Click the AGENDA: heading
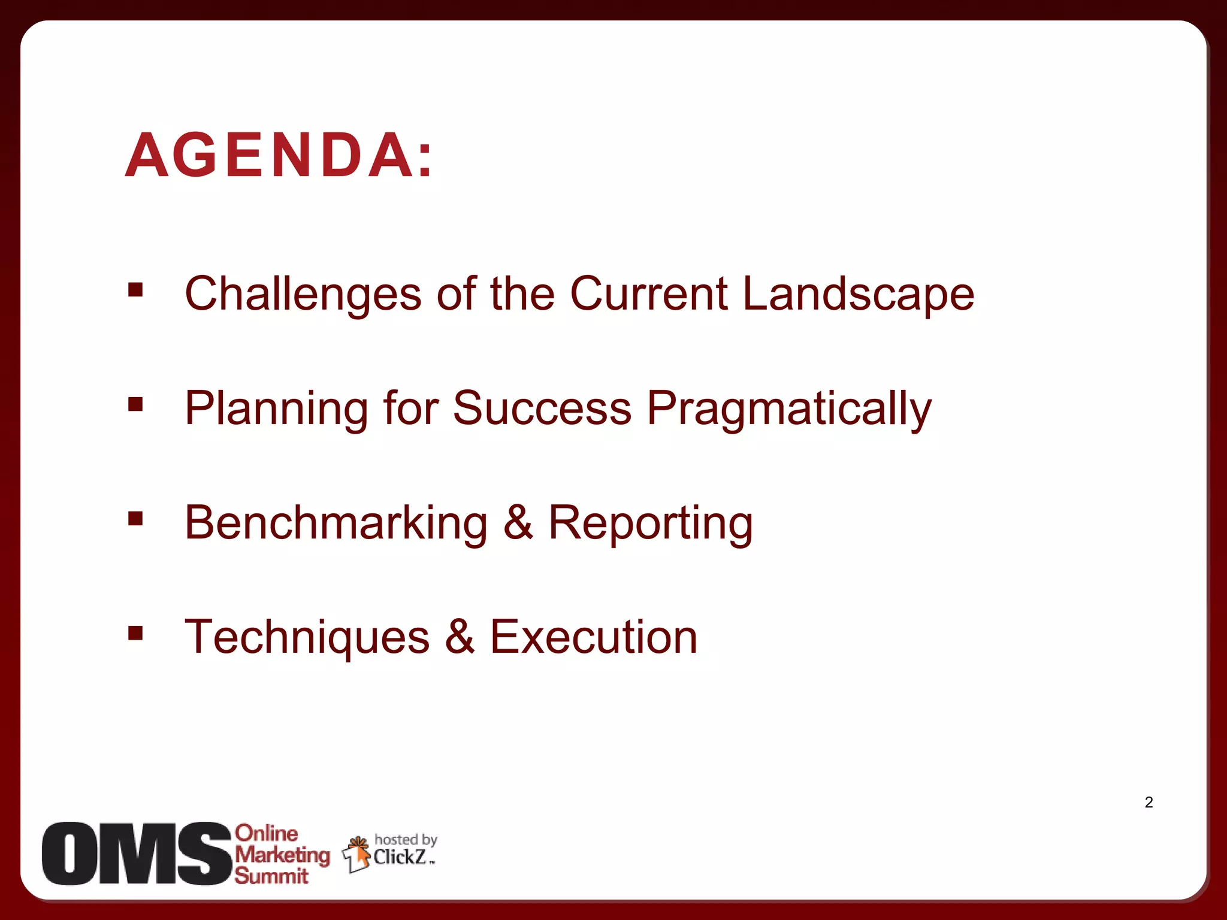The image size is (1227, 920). click(279, 156)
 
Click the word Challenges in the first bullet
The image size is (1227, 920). click(303, 293)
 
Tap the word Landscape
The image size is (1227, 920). click(858, 293)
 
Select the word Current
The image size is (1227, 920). click(648, 293)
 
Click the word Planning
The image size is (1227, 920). click(276, 408)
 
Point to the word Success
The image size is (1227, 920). click(542, 408)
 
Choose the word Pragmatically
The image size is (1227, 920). click(789, 408)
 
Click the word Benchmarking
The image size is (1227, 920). click(336, 523)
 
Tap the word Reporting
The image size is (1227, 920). click(650, 523)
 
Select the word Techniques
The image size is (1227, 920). click(307, 637)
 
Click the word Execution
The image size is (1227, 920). click(594, 637)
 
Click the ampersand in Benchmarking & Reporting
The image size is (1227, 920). click(518, 523)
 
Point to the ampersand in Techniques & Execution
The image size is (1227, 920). click(460, 637)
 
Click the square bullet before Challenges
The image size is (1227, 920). click(135, 290)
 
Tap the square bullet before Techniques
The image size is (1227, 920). click(135, 633)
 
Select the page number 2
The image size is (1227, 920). click(1149, 803)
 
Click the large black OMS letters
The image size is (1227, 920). click(137, 854)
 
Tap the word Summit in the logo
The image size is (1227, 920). click(271, 876)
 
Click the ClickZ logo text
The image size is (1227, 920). click(400, 857)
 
